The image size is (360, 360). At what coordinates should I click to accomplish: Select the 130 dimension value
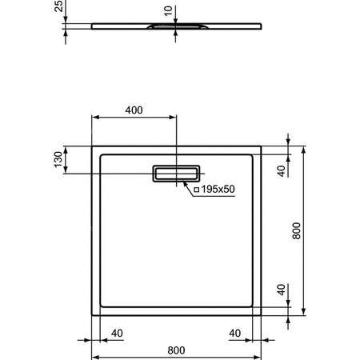[58, 160]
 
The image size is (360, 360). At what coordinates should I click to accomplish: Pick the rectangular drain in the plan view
[177, 173]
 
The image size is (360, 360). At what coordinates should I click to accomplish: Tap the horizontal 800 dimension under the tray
[177, 349]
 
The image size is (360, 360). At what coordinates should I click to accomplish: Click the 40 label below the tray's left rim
[117, 332]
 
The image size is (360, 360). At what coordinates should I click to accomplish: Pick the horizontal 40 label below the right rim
[235, 332]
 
